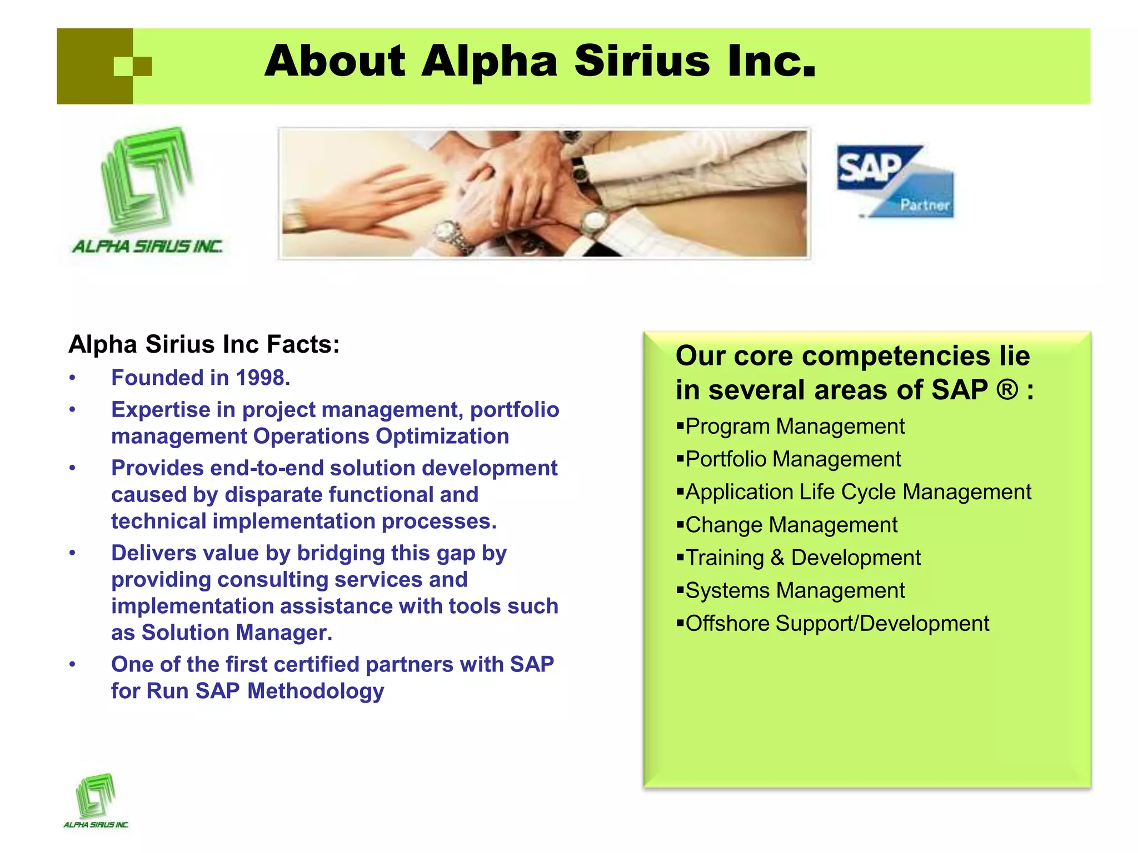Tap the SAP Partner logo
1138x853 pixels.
(895, 181)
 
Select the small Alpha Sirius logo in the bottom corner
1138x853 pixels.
(96, 800)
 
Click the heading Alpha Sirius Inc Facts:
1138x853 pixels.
(204, 344)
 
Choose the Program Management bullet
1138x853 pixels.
(795, 426)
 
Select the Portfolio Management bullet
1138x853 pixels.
(793, 459)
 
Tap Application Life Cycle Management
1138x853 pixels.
(858, 492)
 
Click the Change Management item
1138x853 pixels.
(791, 525)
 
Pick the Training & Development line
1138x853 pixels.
(803, 558)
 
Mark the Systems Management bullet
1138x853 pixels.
(795, 590)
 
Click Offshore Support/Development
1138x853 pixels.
(837, 624)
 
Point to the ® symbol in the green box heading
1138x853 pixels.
(1006, 390)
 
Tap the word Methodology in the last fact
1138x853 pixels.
(316, 691)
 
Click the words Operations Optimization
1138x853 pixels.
(381, 436)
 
